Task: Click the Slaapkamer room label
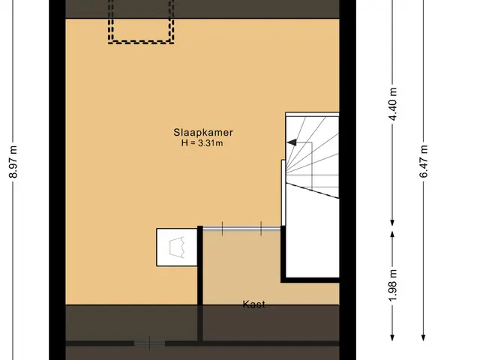203,133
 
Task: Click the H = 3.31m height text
202,143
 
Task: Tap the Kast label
253,304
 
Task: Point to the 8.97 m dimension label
13,162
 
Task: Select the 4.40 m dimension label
393,104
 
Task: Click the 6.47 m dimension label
424,161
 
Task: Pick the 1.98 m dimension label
393,285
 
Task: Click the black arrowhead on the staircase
292,142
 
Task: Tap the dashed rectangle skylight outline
141,42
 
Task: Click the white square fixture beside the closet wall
177,247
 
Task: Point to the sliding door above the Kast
241,228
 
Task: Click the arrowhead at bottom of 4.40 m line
392,223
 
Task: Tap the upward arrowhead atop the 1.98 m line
392,234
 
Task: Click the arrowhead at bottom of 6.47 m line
423,337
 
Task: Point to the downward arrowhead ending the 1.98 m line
392,337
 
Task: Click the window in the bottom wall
150,343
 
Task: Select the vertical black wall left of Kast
200,283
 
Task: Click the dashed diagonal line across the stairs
312,190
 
